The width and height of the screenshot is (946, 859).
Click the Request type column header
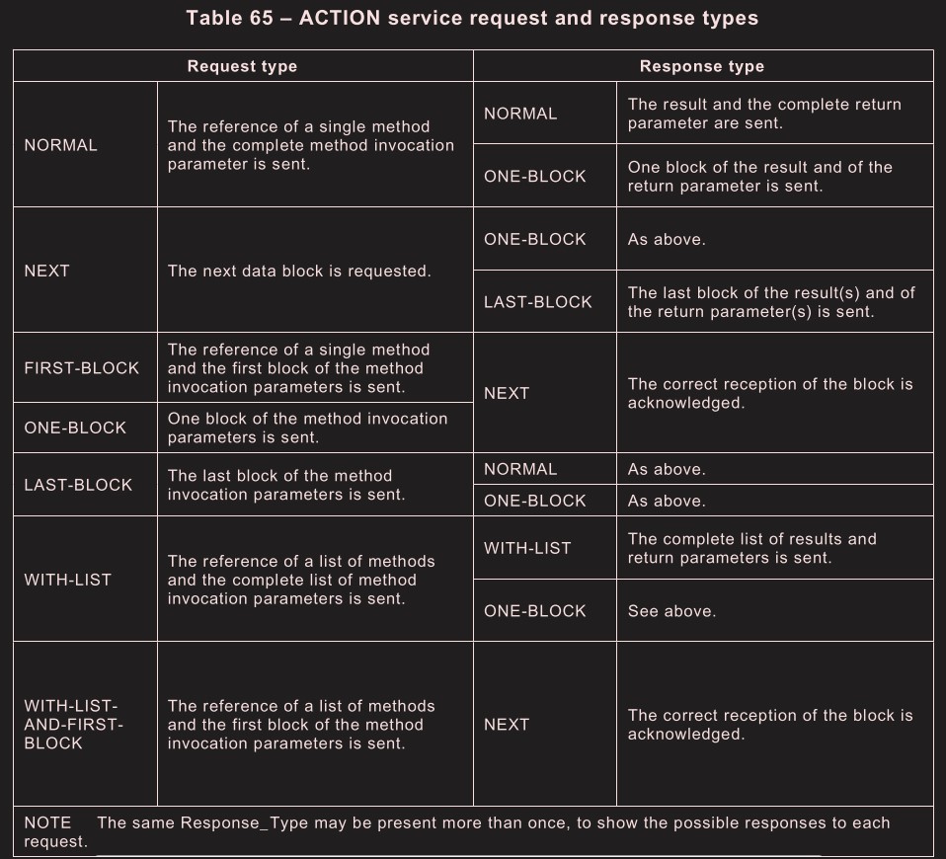(x=242, y=66)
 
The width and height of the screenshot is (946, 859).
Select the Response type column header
(x=701, y=66)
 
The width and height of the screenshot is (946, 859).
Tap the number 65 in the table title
(x=272, y=19)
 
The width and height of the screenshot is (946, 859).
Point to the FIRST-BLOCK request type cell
(x=82, y=368)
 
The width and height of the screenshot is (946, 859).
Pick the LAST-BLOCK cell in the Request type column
(x=78, y=485)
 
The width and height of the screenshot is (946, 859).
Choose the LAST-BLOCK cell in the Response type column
(x=538, y=302)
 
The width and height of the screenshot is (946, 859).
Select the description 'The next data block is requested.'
(x=299, y=271)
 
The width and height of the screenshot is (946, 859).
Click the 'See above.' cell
(x=671, y=611)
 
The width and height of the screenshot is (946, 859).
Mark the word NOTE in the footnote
(x=47, y=822)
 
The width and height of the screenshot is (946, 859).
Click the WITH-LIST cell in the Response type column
(x=527, y=548)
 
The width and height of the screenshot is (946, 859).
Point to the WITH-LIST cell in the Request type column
(x=67, y=580)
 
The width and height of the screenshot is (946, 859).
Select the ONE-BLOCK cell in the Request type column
(x=75, y=428)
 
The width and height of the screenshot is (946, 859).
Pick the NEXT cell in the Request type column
(x=46, y=271)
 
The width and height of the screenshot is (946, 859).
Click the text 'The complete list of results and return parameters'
(x=751, y=548)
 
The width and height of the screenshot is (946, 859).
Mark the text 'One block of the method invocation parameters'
(x=307, y=428)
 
